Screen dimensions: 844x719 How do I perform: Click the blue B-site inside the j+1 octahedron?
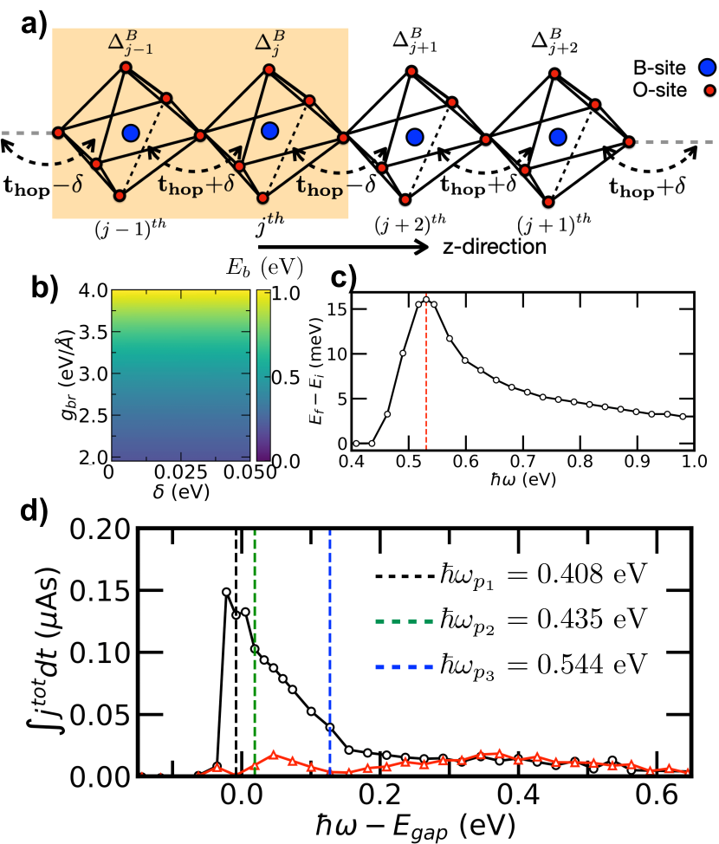pyautogui.click(x=415, y=136)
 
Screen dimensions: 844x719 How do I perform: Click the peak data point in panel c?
pyautogui.click(x=426, y=301)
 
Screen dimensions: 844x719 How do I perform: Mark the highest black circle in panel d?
pyautogui.click(x=227, y=593)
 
